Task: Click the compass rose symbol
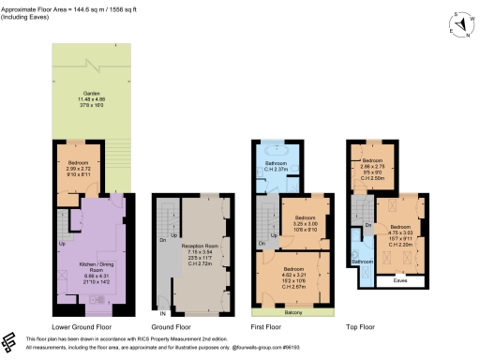459,22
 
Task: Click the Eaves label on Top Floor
398,278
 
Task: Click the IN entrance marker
162,312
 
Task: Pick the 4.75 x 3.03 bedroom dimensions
401,232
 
